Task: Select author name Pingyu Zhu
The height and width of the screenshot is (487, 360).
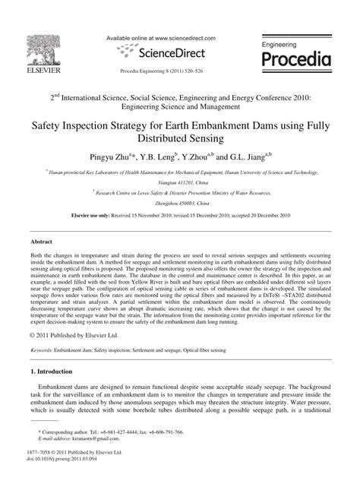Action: click(132, 158)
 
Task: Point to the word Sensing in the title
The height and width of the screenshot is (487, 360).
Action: click(223, 138)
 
